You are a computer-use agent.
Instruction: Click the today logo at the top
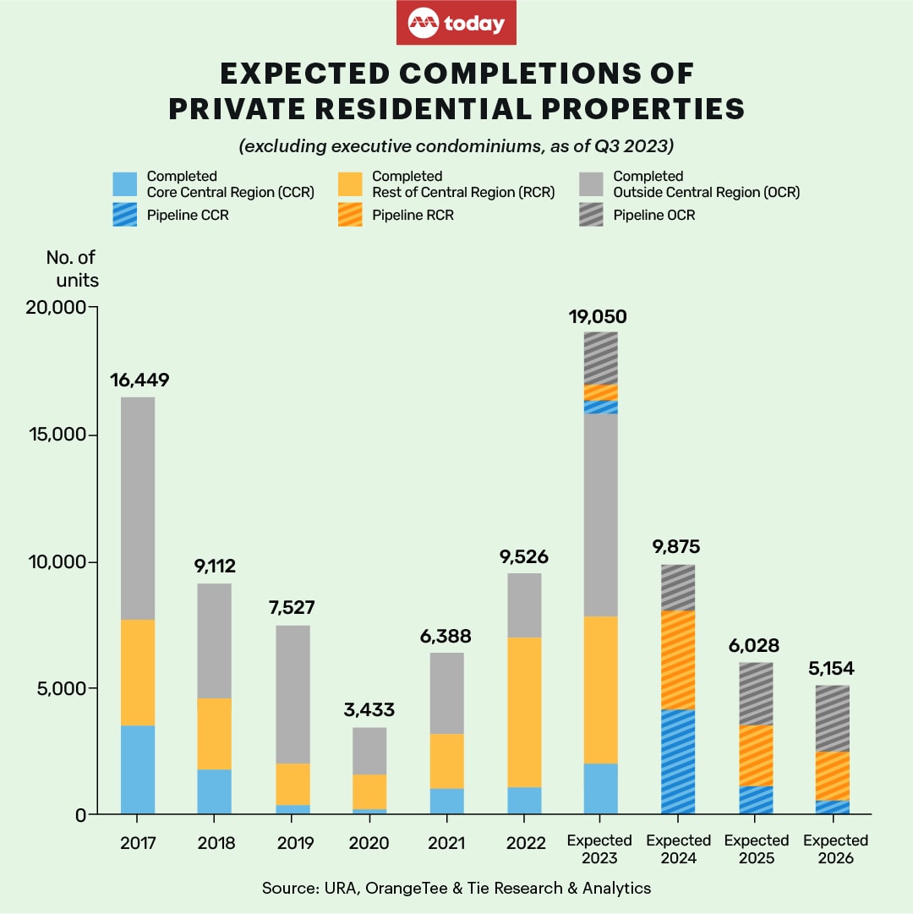[x=456, y=24]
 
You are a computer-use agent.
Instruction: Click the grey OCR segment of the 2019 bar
[x=292, y=694]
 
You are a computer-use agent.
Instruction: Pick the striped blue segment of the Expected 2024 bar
[x=678, y=762]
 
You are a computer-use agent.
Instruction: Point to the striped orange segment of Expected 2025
[x=757, y=755]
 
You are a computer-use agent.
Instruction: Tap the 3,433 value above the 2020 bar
[x=369, y=710]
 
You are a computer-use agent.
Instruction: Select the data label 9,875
[x=678, y=547]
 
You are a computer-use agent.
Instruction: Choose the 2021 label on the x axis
[x=447, y=843]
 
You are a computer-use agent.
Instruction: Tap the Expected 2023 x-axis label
[x=600, y=849]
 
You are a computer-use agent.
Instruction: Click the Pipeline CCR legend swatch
[x=125, y=216]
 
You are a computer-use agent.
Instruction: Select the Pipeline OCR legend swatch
[x=592, y=216]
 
